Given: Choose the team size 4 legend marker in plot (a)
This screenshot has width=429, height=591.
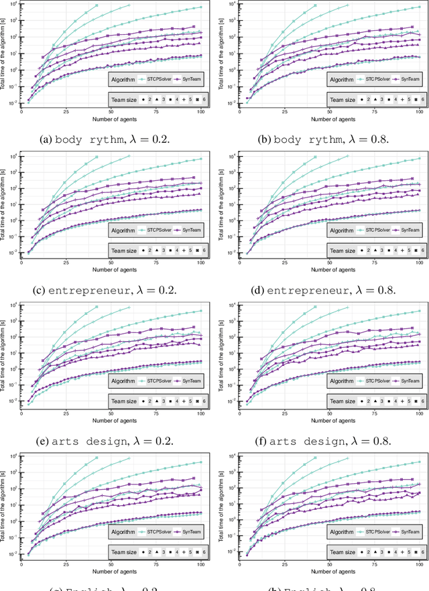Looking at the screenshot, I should click(x=172, y=98).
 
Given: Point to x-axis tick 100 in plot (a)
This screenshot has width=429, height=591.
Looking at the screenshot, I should click(x=201, y=113).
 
